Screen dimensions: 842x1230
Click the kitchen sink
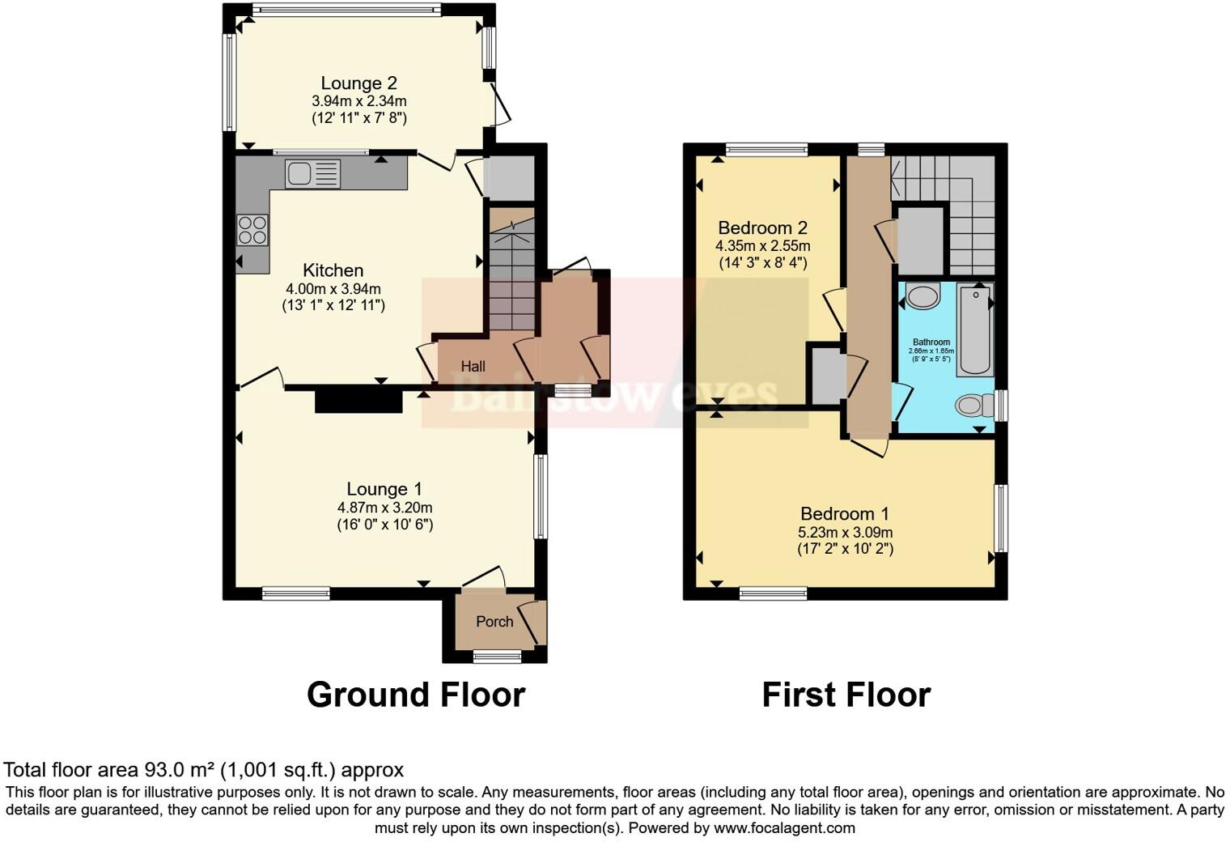pyautogui.click(x=312, y=174)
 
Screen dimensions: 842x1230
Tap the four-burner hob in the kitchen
pyautogui.click(x=252, y=229)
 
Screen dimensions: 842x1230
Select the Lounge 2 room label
pyautogui.click(x=358, y=83)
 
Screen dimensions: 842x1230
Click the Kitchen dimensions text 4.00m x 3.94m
pyautogui.click(x=333, y=289)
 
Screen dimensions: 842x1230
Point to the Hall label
pyautogui.click(x=473, y=367)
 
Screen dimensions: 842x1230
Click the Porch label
pyautogui.click(x=494, y=622)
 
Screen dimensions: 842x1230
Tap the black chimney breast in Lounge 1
pyautogui.click(x=358, y=401)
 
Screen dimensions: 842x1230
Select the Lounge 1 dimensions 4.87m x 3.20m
pyautogui.click(x=384, y=508)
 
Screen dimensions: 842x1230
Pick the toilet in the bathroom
pyautogui.click(x=973, y=405)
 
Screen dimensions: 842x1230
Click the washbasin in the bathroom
pyautogui.click(x=922, y=296)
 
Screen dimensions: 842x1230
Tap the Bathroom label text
pyautogui.click(x=931, y=342)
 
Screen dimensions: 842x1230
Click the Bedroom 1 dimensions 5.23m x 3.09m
pyautogui.click(x=845, y=532)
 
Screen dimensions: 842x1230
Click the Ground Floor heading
pyautogui.click(x=416, y=695)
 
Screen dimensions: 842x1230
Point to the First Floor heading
pyautogui.click(x=846, y=695)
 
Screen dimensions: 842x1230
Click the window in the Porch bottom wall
pyautogui.click(x=497, y=656)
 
